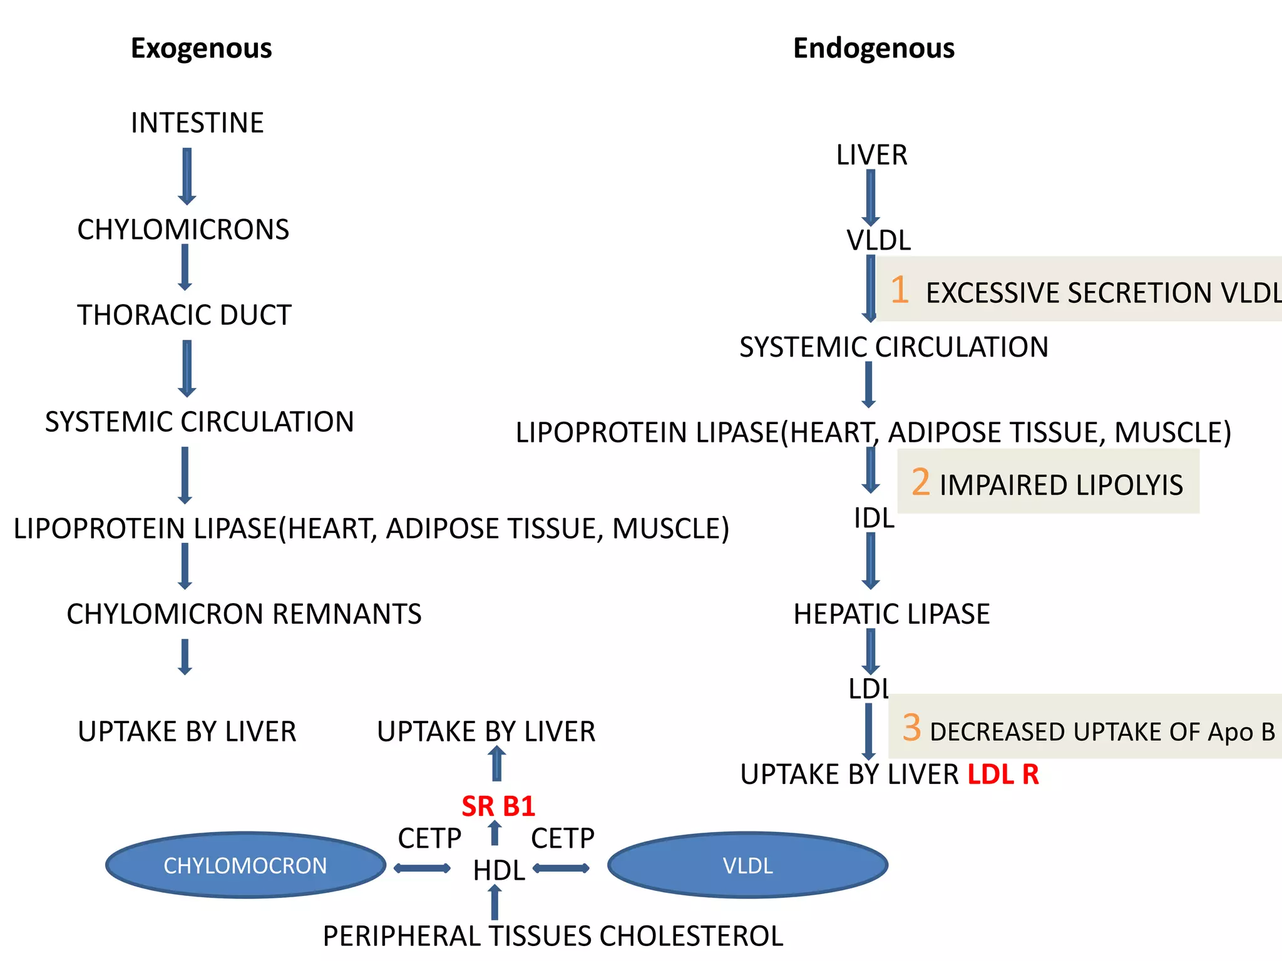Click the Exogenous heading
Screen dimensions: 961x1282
tap(201, 48)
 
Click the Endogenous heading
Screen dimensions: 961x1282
tap(873, 48)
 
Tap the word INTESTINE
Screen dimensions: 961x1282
tap(197, 123)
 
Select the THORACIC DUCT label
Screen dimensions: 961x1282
tap(184, 315)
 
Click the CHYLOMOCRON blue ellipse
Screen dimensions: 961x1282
tap(245, 865)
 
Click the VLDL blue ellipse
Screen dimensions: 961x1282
tap(747, 865)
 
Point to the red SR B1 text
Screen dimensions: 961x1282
tap(498, 806)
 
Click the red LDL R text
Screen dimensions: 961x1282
tap(1003, 775)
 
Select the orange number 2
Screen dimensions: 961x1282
tap(920, 482)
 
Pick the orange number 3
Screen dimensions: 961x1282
tap(911, 728)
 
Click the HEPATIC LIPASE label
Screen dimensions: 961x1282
tap(891, 614)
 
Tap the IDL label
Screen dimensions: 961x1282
tap(874, 518)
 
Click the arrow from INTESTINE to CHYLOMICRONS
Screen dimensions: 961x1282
tap(187, 176)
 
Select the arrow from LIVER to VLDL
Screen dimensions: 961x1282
tap(871, 197)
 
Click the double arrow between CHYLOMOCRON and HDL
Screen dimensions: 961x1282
tap(422, 868)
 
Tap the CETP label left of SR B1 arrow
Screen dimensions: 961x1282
tap(429, 838)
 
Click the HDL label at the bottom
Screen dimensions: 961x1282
tap(499, 870)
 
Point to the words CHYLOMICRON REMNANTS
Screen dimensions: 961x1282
tap(244, 614)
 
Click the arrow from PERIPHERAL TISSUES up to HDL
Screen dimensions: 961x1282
tap(495, 903)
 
